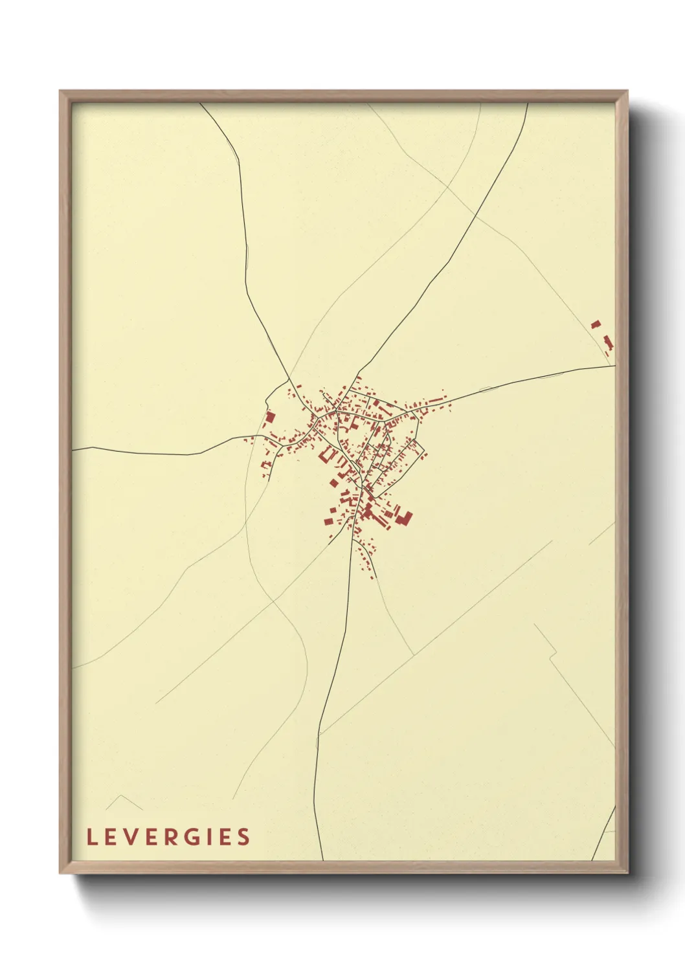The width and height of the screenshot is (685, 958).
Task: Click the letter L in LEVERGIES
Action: click(91, 837)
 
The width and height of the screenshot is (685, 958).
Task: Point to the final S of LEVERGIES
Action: click(243, 837)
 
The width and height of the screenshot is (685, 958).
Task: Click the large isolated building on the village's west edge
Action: click(270, 418)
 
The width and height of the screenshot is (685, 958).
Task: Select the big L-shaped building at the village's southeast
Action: click(405, 518)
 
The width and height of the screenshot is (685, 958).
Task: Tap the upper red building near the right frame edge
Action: click(596, 324)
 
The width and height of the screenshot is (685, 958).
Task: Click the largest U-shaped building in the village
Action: click(326, 456)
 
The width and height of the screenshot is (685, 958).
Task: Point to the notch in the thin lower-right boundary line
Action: click(552, 656)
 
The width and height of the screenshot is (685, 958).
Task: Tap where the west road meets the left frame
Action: click(73, 449)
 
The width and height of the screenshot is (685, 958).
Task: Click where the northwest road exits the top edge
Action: click(200, 104)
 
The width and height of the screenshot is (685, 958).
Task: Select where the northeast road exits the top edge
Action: click(528, 104)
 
